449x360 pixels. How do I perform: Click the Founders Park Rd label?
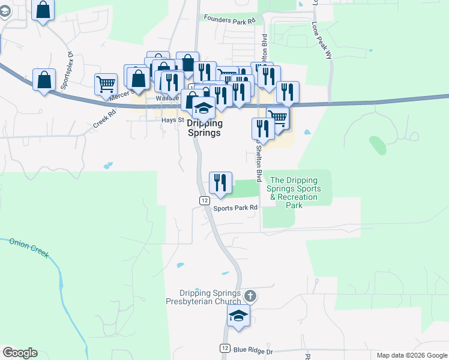pos(230,20)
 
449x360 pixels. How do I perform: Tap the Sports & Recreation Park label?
pos(295,193)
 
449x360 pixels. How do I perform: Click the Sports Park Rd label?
pos(236,208)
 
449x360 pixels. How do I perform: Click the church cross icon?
pos(250,295)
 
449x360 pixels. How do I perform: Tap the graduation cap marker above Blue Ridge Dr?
pos(238,316)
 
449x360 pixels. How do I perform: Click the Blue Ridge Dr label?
pos(253,350)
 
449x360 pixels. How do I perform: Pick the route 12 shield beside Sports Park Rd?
pos(204,200)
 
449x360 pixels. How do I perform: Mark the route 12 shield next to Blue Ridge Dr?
pos(224,348)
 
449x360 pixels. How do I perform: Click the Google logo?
pos(20,353)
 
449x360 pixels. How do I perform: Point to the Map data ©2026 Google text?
pos(412,355)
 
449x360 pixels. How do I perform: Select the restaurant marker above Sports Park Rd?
pos(220,182)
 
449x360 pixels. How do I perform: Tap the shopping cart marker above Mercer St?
pos(106,85)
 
